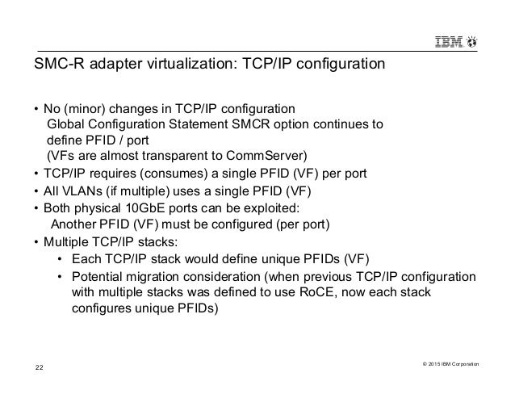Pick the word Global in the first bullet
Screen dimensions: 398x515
68,124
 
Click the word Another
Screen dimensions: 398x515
75,224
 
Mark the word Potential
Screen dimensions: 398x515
100,277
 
